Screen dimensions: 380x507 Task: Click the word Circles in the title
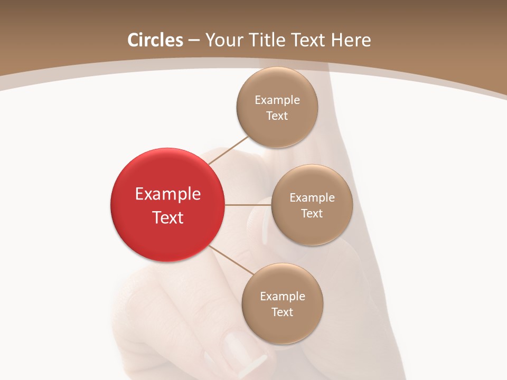(x=155, y=40)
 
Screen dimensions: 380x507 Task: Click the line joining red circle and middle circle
(x=248, y=205)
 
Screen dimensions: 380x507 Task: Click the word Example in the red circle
(x=168, y=194)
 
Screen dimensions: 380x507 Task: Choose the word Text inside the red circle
(x=168, y=217)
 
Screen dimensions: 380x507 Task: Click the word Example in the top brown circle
(x=277, y=100)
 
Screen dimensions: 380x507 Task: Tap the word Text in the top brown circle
(x=277, y=116)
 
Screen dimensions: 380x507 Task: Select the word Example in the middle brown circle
(x=312, y=198)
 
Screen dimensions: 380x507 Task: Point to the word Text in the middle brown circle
(x=312, y=213)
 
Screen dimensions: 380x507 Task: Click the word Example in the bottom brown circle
(x=283, y=297)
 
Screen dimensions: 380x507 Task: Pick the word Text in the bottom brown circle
(x=282, y=312)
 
